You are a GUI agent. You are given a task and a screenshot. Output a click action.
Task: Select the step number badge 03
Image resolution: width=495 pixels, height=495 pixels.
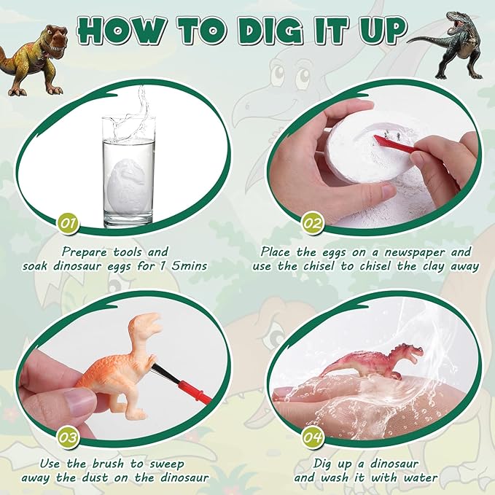[x=69, y=437]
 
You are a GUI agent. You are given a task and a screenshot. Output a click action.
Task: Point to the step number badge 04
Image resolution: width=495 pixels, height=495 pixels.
[x=313, y=437]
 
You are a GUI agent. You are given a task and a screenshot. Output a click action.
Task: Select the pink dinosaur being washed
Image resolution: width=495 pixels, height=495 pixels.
[x=372, y=362]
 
